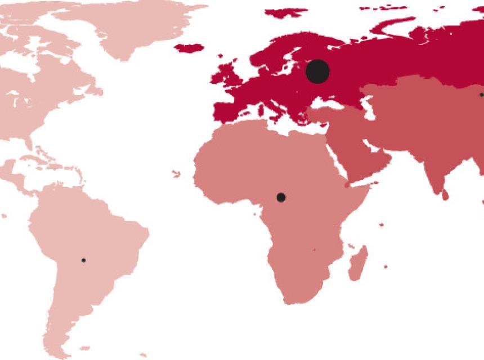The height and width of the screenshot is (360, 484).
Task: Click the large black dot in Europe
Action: (x=317, y=71)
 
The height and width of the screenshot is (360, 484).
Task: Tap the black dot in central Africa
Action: (x=281, y=197)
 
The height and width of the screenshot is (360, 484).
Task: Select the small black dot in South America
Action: (x=83, y=260)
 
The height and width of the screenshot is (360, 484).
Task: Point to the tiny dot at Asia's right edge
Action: (x=481, y=95)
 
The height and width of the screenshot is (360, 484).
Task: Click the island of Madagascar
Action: (x=358, y=263)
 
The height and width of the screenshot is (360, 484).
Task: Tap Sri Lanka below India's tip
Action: (x=445, y=195)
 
